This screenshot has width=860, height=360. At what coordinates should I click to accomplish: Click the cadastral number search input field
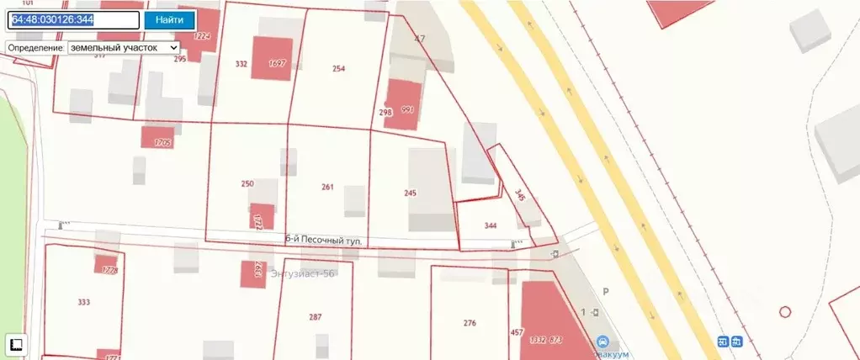[73, 20]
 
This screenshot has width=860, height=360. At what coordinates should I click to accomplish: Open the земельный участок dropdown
[123, 48]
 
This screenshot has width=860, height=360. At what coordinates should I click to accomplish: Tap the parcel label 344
[491, 225]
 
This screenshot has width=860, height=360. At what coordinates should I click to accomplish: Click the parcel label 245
[410, 193]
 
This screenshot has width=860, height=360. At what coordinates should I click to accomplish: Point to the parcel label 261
[327, 187]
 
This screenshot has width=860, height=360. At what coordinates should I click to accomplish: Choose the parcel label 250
[247, 183]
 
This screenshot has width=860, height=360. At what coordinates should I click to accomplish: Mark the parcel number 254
[339, 69]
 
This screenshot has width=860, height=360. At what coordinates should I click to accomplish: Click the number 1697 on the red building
[277, 64]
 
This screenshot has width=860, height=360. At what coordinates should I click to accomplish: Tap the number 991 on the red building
[408, 110]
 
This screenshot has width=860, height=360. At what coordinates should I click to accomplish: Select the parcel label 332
[242, 64]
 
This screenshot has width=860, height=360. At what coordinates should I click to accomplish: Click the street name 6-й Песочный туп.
[324, 241]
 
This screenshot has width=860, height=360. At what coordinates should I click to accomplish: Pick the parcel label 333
[83, 302]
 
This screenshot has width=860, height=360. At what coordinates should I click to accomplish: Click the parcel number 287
[316, 317]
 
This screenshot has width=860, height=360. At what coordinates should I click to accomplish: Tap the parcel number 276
[470, 323]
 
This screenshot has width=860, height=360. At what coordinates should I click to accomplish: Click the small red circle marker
[785, 311]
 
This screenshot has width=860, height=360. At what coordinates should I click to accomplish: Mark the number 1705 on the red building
[162, 143]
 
